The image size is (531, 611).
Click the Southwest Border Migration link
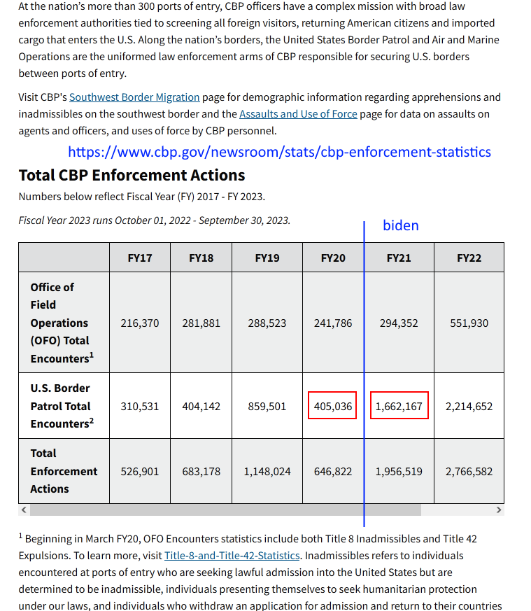tap(134, 97)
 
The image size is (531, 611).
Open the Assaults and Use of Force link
tap(298, 113)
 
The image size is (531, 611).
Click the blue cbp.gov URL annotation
tap(279, 152)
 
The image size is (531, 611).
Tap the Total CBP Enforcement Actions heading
tap(132, 175)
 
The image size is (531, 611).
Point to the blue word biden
tap(400, 225)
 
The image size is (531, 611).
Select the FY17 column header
tap(140, 258)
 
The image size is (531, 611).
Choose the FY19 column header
tap(267, 258)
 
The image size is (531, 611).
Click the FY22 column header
tap(469, 258)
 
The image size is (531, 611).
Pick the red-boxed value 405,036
tap(333, 406)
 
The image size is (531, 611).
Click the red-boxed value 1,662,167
tap(399, 406)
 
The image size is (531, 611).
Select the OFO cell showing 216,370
tap(140, 323)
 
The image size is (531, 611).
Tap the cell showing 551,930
tap(469, 323)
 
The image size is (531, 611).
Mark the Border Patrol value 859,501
tap(267, 406)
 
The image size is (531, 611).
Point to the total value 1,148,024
tap(267, 472)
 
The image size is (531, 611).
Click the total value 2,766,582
tap(469, 472)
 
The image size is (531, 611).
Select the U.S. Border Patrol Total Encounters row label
tap(62, 406)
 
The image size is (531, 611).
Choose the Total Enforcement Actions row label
tap(64, 471)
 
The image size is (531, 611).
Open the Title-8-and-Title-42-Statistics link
tap(232, 556)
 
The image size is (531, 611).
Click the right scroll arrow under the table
tap(499, 510)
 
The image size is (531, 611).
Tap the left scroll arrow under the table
tap(24, 510)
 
